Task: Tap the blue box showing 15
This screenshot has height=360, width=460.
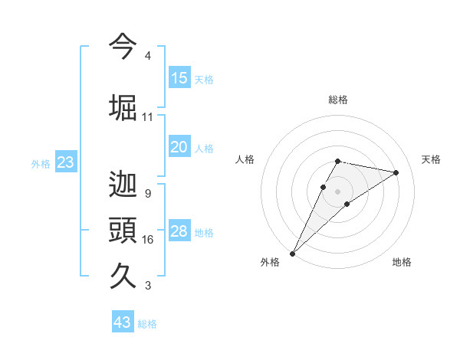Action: point(179,77)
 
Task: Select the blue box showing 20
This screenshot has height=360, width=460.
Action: point(179,147)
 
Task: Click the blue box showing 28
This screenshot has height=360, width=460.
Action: point(179,231)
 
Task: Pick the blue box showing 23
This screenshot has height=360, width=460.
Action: point(65,162)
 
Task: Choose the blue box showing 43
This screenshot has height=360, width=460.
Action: point(123,322)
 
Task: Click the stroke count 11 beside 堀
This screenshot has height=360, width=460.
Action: point(147,117)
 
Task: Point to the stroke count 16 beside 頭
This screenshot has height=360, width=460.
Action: point(147,240)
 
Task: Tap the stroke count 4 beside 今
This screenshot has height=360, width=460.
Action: point(147,56)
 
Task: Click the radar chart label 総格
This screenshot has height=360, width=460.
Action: point(337,100)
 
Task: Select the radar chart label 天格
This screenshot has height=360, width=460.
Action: point(432,159)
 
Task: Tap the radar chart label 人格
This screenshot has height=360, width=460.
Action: point(245,159)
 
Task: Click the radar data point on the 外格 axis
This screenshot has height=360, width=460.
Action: point(292,253)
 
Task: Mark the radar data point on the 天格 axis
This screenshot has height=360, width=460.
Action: point(396,172)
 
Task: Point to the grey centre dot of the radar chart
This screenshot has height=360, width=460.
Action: point(337,191)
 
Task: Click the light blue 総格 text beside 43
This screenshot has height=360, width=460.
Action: point(147,324)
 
